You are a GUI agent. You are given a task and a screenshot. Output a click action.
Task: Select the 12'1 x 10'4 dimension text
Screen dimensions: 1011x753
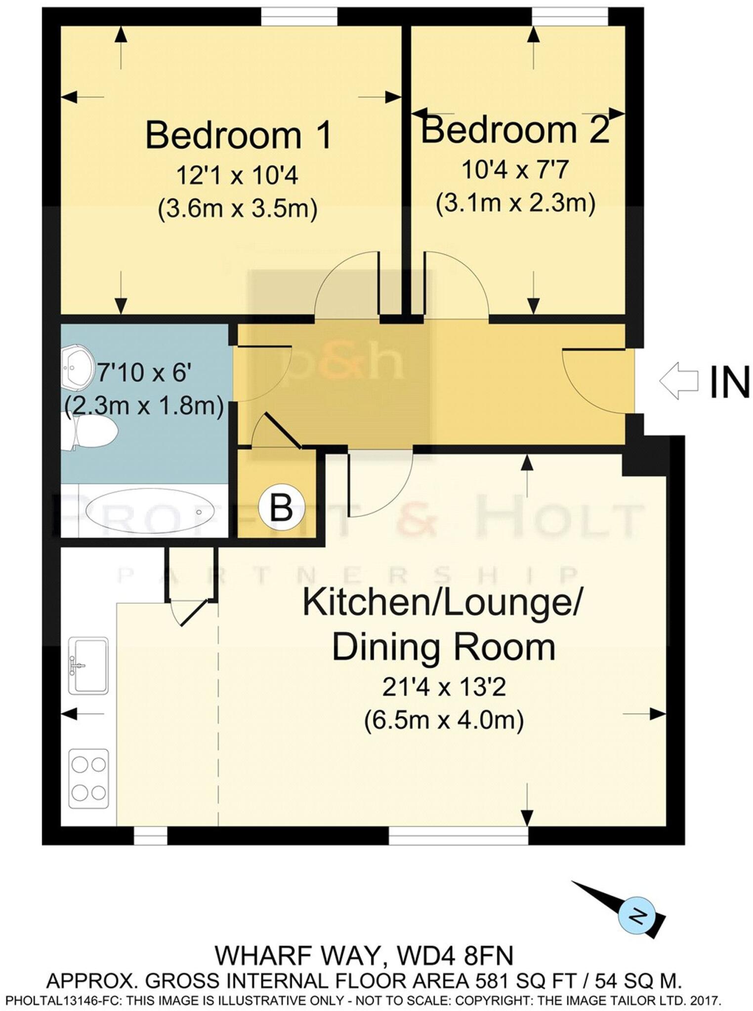point(237,175)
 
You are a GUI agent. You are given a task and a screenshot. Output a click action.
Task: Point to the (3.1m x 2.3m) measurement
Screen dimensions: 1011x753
point(515,203)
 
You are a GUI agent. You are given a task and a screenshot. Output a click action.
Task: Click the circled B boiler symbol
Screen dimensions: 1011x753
point(281,507)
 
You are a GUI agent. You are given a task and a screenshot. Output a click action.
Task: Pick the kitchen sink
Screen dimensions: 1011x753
point(88,665)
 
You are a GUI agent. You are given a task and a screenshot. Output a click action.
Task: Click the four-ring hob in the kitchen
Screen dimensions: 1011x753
point(88,778)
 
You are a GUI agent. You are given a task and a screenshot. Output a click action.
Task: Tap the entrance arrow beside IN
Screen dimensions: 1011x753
point(678,381)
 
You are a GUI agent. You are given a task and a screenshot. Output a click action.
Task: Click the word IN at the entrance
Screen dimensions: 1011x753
point(729,382)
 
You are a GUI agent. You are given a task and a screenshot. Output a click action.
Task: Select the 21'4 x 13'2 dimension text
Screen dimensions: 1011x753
point(444,687)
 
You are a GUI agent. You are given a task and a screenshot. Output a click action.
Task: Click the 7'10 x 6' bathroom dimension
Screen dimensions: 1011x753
point(144,372)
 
